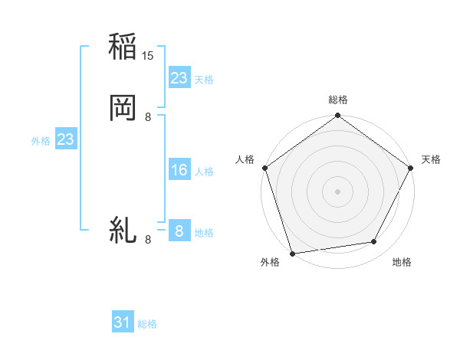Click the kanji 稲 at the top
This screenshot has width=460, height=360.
[123, 47]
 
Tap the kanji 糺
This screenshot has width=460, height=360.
[123, 230]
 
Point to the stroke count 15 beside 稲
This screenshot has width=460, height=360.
[149, 56]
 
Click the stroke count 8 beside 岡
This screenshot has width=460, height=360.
[148, 116]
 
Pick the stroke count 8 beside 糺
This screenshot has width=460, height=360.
[148, 240]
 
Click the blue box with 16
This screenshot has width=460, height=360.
[179, 170]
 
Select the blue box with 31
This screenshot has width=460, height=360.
[123, 322]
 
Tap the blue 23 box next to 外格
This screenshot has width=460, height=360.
[65, 139]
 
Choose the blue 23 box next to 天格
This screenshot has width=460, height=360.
[179, 78]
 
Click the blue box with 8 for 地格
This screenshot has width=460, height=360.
[179, 231]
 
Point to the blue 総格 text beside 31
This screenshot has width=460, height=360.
[147, 324]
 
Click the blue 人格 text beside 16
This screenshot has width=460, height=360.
[204, 172]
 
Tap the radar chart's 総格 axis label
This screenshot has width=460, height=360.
[338, 100]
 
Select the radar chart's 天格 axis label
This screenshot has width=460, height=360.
[431, 159]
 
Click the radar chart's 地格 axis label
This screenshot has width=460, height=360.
[402, 262]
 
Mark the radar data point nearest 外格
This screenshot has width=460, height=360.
[292, 253]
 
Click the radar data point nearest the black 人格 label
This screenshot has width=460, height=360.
[264, 168]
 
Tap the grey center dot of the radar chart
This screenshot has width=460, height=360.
[338, 191]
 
